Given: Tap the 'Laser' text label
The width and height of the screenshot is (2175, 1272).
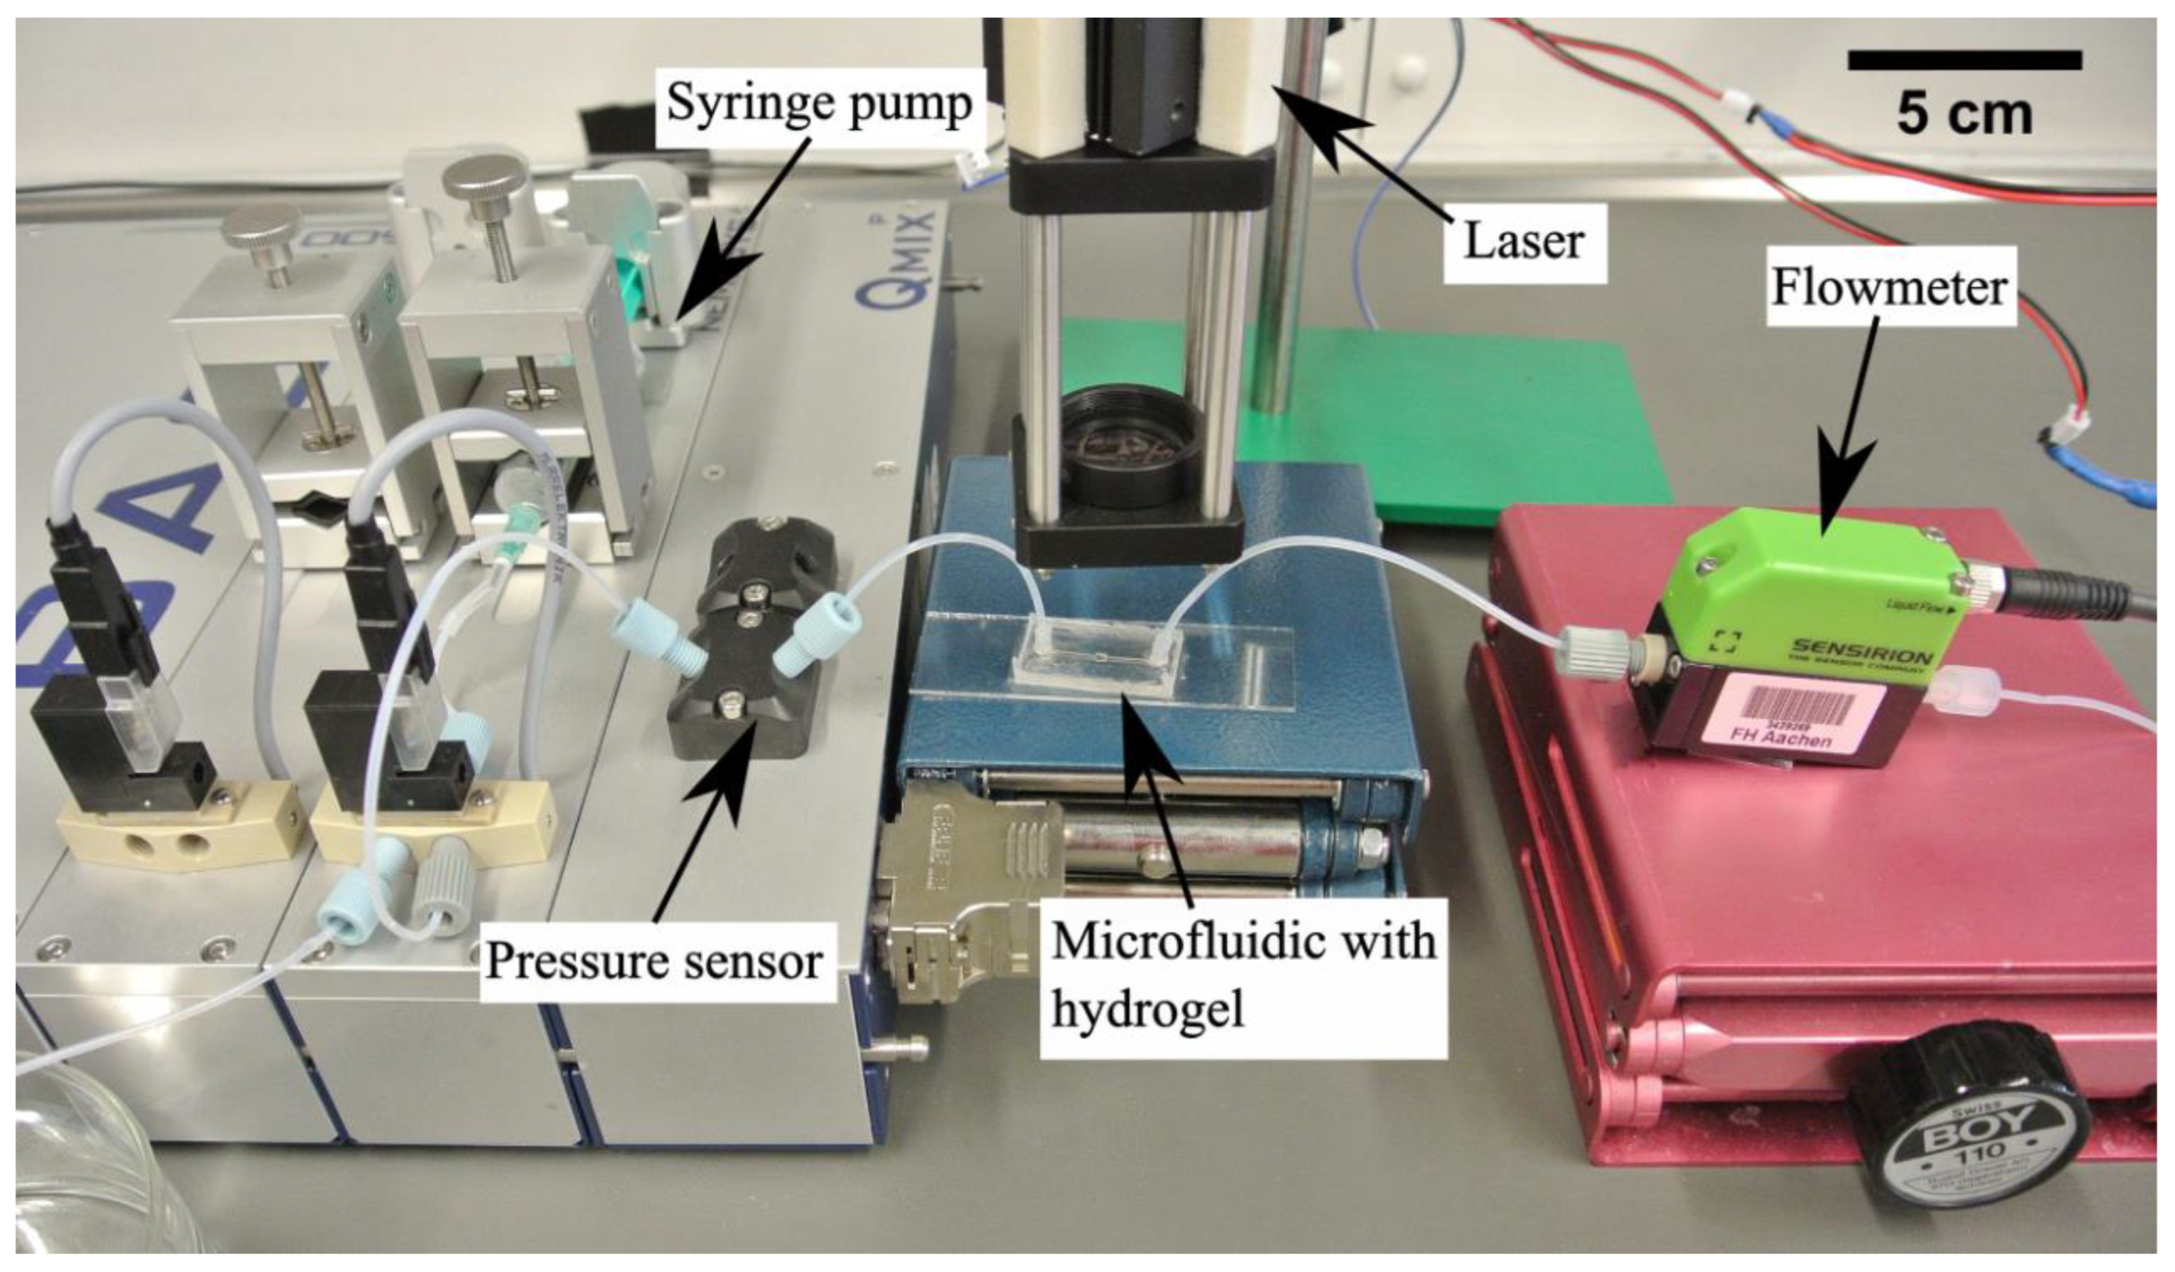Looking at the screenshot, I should pos(1523,241).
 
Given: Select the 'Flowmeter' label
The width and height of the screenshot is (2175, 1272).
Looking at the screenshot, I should pos(1890,289).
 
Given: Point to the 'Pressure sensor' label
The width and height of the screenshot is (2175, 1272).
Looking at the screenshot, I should pos(653,962).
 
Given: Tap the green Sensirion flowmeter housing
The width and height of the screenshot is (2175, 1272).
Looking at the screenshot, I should pos(1803,574).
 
